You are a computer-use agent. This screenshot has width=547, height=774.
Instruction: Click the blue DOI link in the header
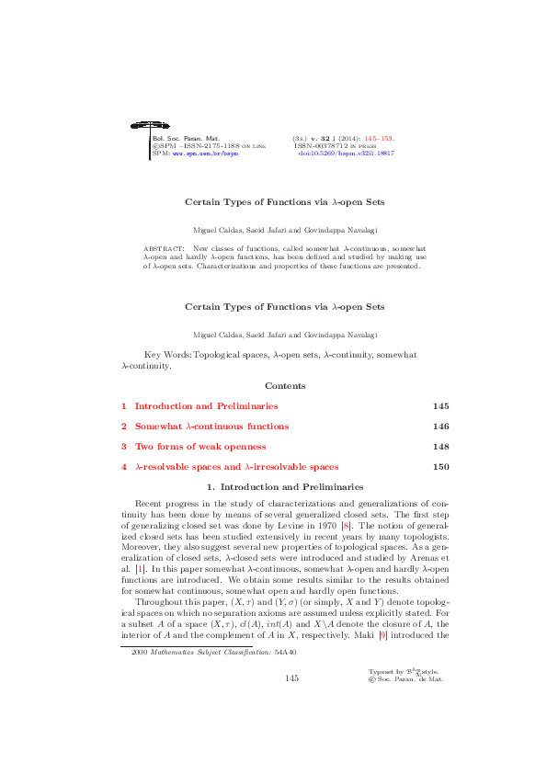coord(347,153)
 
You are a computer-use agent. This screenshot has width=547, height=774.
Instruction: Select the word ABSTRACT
coord(163,248)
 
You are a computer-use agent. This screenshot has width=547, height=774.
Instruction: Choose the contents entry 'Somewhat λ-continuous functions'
coord(211,427)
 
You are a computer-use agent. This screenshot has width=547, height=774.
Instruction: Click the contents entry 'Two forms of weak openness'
coord(200,447)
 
